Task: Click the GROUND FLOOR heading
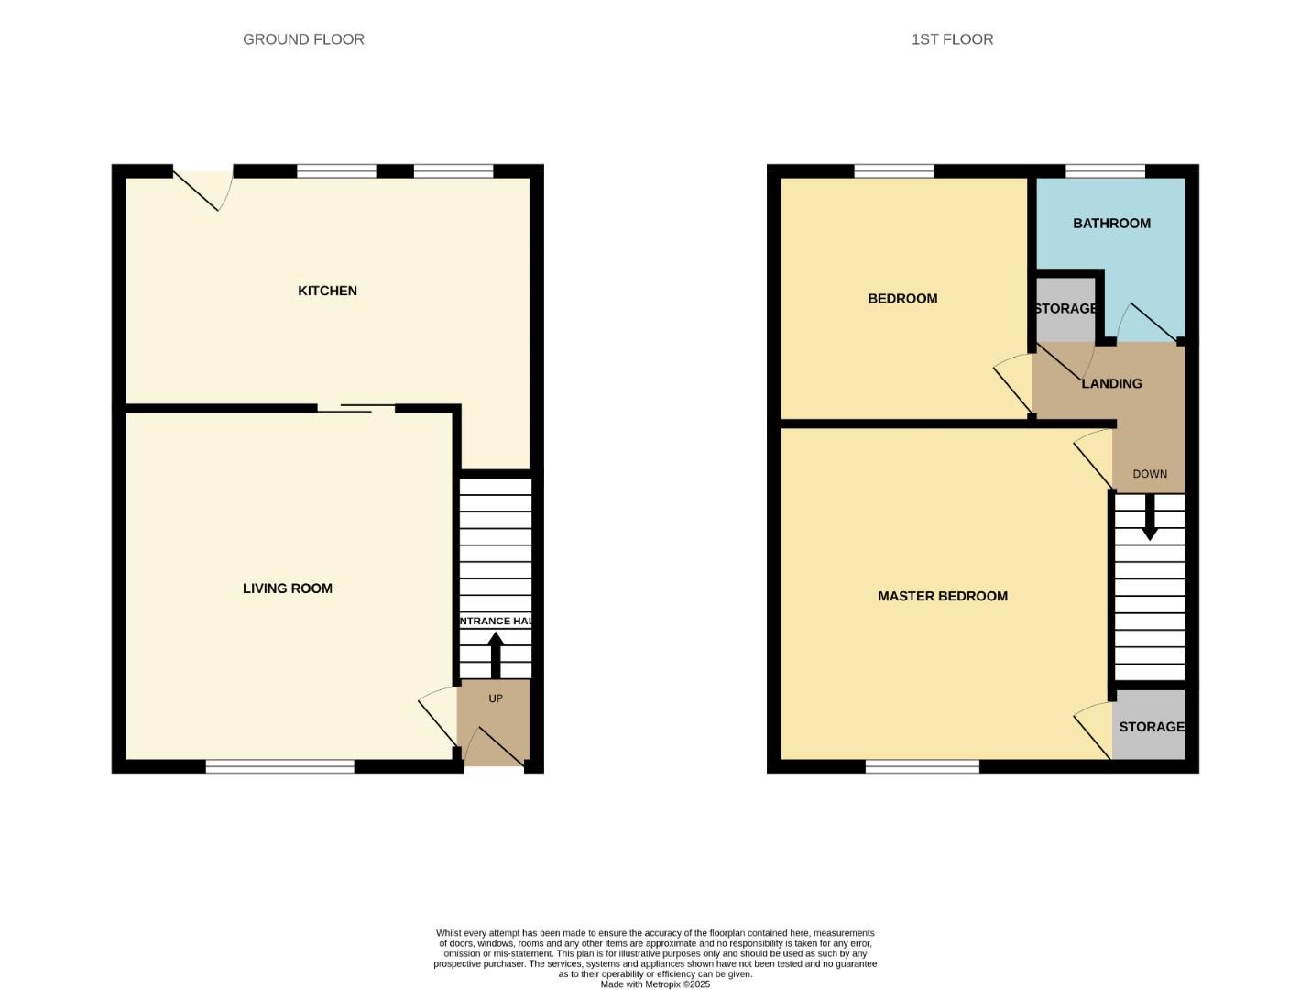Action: coord(303,39)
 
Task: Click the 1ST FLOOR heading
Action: coord(952,39)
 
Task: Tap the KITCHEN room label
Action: coord(327,291)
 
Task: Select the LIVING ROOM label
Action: coord(287,588)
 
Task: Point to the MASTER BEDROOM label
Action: coord(942,596)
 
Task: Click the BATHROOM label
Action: coord(1111,224)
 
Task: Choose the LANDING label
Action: coord(1111,383)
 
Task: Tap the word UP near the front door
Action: coord(496,698)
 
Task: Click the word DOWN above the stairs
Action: coord(1149,474)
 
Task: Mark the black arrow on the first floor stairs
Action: coord(1149,518)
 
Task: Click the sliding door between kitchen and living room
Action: coord(356,408)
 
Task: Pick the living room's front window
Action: coord(279,766)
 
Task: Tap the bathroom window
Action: coord(1105,171)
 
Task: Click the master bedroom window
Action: coord(922,766)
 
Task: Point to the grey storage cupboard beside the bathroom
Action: coord(1065,309)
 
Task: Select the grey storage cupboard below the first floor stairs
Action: coord(1149,726)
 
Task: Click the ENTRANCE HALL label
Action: coord(495,621)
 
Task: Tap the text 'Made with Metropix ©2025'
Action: coord(655,984)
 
